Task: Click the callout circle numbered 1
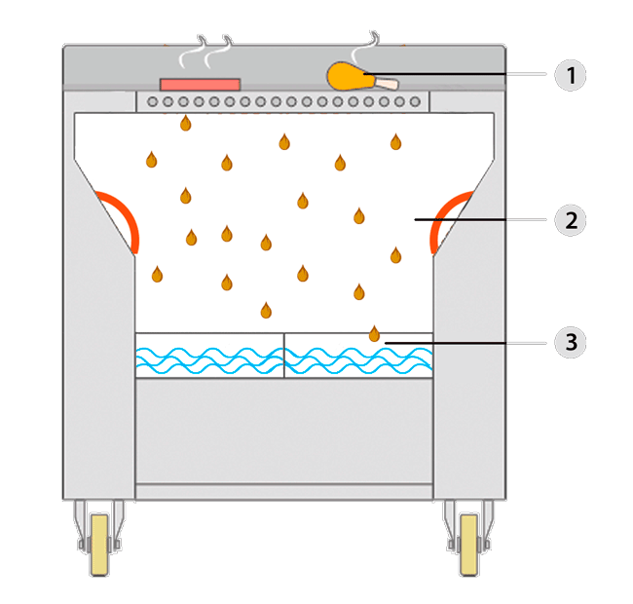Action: tap(570, 75)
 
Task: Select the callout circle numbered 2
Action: tap(570, 220)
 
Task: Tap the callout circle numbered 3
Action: tap(570, 342)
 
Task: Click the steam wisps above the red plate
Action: tap(214, 49)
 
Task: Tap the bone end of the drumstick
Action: tap(390, 85)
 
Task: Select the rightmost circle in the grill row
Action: tap(416, 101)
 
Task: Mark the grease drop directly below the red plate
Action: tap(185, 124)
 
